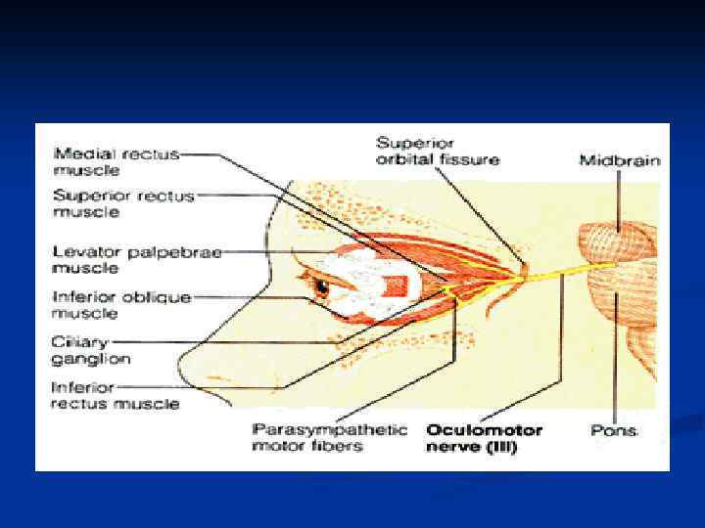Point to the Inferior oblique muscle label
pyautogui.click(x=121, y=304)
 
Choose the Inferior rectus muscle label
pyautogui.click(x=115, y=395)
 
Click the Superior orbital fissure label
pyautogui.click(x=438, y=151)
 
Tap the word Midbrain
pyautogui.click(x=619, y=159)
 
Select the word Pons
pyautogui.click(x=615, y=429)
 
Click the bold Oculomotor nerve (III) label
pyautogui.click(x=484, y=438)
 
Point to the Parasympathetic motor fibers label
pyautogui.click(x=329, y=438)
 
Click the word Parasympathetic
pyautogui.click(x=329, y=429)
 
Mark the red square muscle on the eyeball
pyautogui.click(x=397, y=286)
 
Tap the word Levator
pyautogui.click(x=81, y=251)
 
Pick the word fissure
pyautogui.click(x=470, y=159)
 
